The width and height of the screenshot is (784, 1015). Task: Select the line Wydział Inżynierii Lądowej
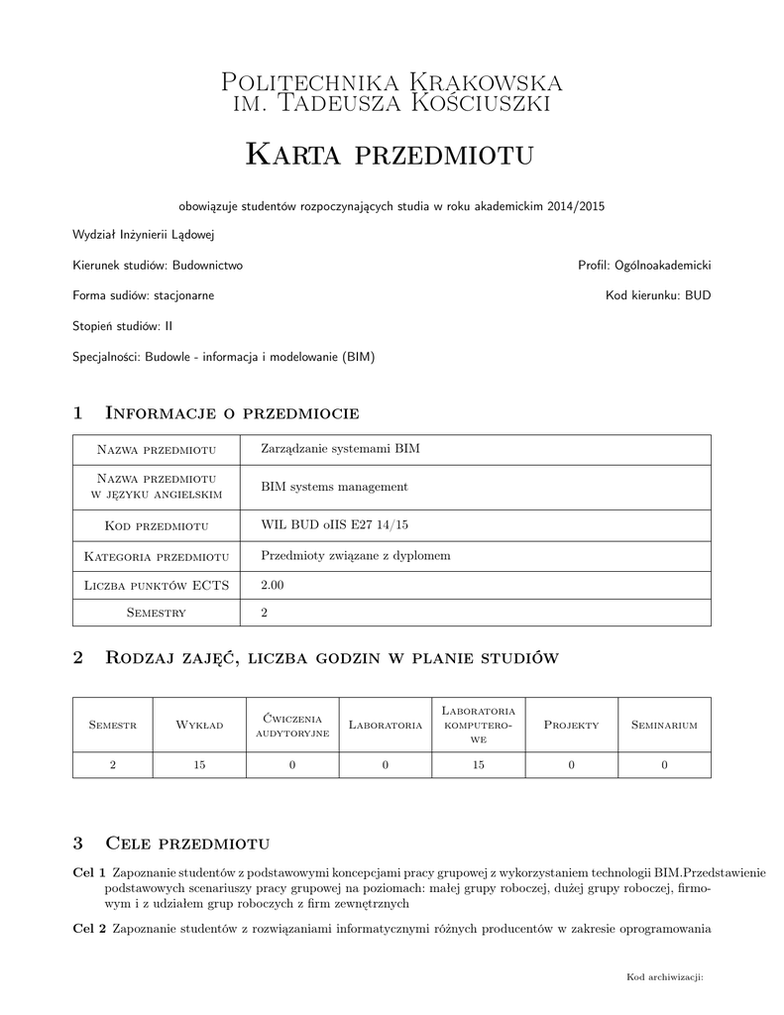click(x=144, y=235)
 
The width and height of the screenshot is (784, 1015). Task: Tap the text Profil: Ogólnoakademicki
click(x=644, y=266)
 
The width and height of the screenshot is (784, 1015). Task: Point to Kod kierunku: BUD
click(x=658, y=295)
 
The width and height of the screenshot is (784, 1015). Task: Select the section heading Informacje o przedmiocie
click(x=231, y=412)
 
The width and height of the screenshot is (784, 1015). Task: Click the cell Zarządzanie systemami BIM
click(x=340, y=449)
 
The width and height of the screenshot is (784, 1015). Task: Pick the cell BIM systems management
click(x=334, y=487)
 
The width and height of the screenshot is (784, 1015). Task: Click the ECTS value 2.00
click(x=272, y=586)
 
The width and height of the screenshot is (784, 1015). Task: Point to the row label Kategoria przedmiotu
click(x=157, y=555)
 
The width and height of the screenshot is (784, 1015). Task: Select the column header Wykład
click(x=199, y=725)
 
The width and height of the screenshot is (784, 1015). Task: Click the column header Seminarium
click(x=664, y=725)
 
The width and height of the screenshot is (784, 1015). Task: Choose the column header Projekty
click(x=571, y=725)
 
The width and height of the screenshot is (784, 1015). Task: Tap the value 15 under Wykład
click(x=199, y=764)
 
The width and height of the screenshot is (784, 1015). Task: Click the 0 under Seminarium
click(x=664, y=764)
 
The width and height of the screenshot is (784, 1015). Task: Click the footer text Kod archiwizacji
click(x=664, y=977)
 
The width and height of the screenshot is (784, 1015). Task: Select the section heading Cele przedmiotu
click(x=187, y=844)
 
